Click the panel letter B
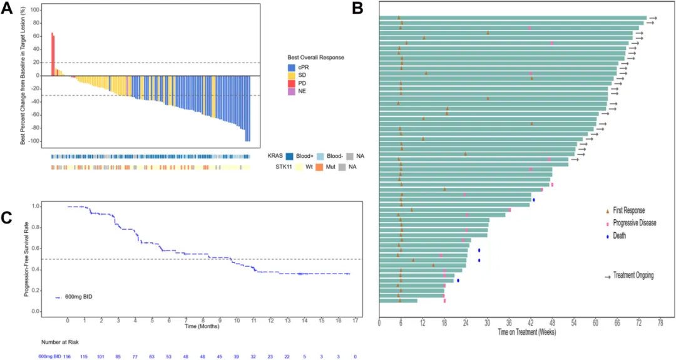(x=357, y=8)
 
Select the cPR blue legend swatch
(x=291, y=67)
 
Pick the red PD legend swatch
(x=291, y=83)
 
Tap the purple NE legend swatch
(x=291, y=91)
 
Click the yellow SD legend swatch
(x=291, y=75)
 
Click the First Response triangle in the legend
(x=607, y=211)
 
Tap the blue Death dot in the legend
(x=607, y=236)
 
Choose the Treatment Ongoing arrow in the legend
(x=607, y=275)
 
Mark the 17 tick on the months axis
(x=356, y=321)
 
